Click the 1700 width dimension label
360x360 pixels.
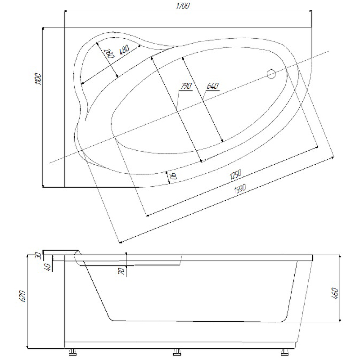[183, 5]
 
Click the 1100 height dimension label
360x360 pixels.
[38, 79]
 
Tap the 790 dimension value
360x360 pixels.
[186, 86]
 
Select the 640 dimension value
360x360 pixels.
[212, 86]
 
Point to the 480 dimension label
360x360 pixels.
[125, 49]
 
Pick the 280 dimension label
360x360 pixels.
[110, 54]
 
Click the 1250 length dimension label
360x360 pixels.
[235, 175]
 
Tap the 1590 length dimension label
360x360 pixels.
[240, 189]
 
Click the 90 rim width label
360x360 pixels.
[174, 176]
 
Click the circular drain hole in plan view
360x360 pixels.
[271, 74]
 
